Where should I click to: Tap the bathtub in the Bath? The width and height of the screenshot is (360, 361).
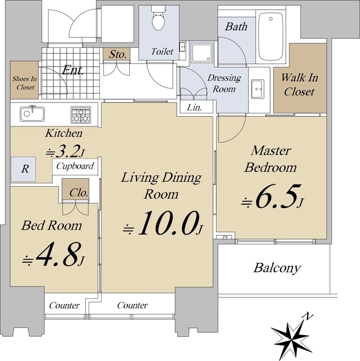click(x=271, y=37)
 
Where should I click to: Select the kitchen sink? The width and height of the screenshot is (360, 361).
click(x=32, y=114)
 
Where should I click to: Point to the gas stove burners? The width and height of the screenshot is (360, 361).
click(x=81, y=115)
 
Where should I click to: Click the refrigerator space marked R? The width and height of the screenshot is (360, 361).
click(x=24, y=169)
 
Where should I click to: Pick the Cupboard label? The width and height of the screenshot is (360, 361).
click(x=75, y=166)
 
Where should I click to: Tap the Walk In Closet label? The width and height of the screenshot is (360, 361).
click(x=300, y=85)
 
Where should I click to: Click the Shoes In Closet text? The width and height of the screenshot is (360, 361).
click(x=24, y=83)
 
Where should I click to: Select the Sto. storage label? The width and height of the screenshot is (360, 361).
click(x=118, y=55)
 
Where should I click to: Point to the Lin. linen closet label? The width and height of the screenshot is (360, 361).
click(x=195, y=107)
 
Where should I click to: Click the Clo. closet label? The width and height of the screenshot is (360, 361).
click(x=79, y=193)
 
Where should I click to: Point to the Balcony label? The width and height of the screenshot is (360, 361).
click(x=277, y=268)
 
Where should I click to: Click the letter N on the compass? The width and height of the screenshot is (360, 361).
click(x=308, y=317)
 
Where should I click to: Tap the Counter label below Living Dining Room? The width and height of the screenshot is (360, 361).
click(x=133, y=306)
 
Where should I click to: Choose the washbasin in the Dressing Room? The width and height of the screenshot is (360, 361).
click(x=257, y=89)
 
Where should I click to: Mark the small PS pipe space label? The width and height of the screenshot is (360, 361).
click(x=225, y=237)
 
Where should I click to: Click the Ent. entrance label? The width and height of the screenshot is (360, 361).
click(x=73, y=70)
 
